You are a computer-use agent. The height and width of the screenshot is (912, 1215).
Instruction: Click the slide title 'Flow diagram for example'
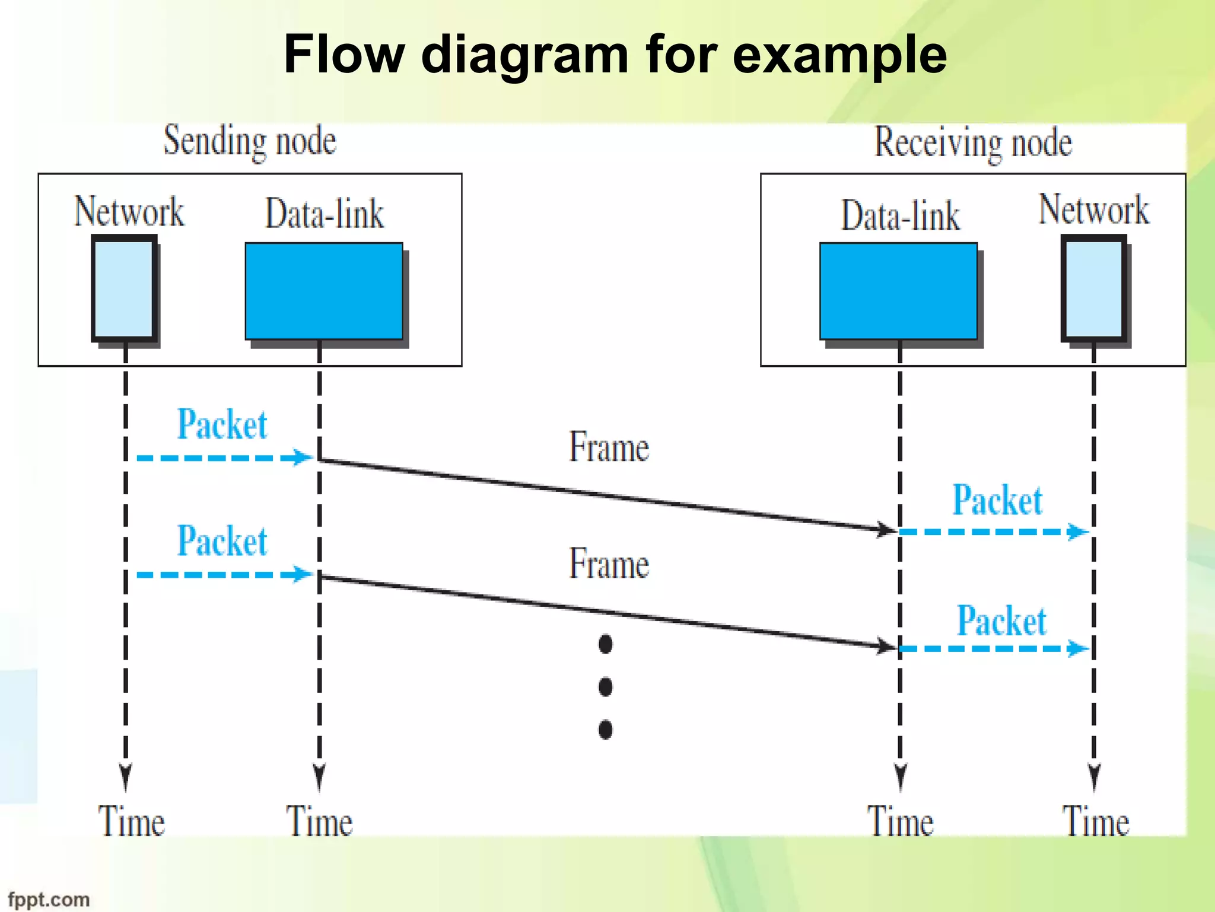tap(615, 55)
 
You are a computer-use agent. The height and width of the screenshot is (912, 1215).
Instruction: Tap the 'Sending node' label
tap(250, 141)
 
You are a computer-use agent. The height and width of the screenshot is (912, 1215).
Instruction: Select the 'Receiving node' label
tap(973, 143)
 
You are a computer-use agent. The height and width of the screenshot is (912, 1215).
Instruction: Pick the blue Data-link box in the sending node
tap(324, 291)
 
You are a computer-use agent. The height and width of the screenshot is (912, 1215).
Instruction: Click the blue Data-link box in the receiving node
tap(898, 291)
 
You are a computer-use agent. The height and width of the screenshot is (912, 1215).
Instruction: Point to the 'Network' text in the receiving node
tap(1093, 210)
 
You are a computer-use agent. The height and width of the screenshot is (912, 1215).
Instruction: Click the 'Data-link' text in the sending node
tap(324, 214)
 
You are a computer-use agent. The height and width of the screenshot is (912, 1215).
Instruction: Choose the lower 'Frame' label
tap(609, 563)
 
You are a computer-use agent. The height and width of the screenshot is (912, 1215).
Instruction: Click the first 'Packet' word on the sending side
tap(222, 425)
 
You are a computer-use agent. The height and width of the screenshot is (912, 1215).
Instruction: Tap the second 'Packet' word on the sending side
tap(222, 541)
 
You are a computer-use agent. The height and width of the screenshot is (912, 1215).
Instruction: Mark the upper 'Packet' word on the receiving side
tap(997, 500)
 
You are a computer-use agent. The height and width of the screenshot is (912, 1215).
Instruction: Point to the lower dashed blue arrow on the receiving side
tap(994, 648)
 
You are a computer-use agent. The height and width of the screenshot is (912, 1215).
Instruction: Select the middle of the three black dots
tap(605, 687)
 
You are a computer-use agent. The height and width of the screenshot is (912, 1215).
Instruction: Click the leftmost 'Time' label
tap(131, 822)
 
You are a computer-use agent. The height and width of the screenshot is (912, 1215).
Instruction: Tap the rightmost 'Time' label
tap(1095, 822)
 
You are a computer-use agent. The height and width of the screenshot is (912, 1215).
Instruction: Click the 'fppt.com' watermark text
tap(49, 900)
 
